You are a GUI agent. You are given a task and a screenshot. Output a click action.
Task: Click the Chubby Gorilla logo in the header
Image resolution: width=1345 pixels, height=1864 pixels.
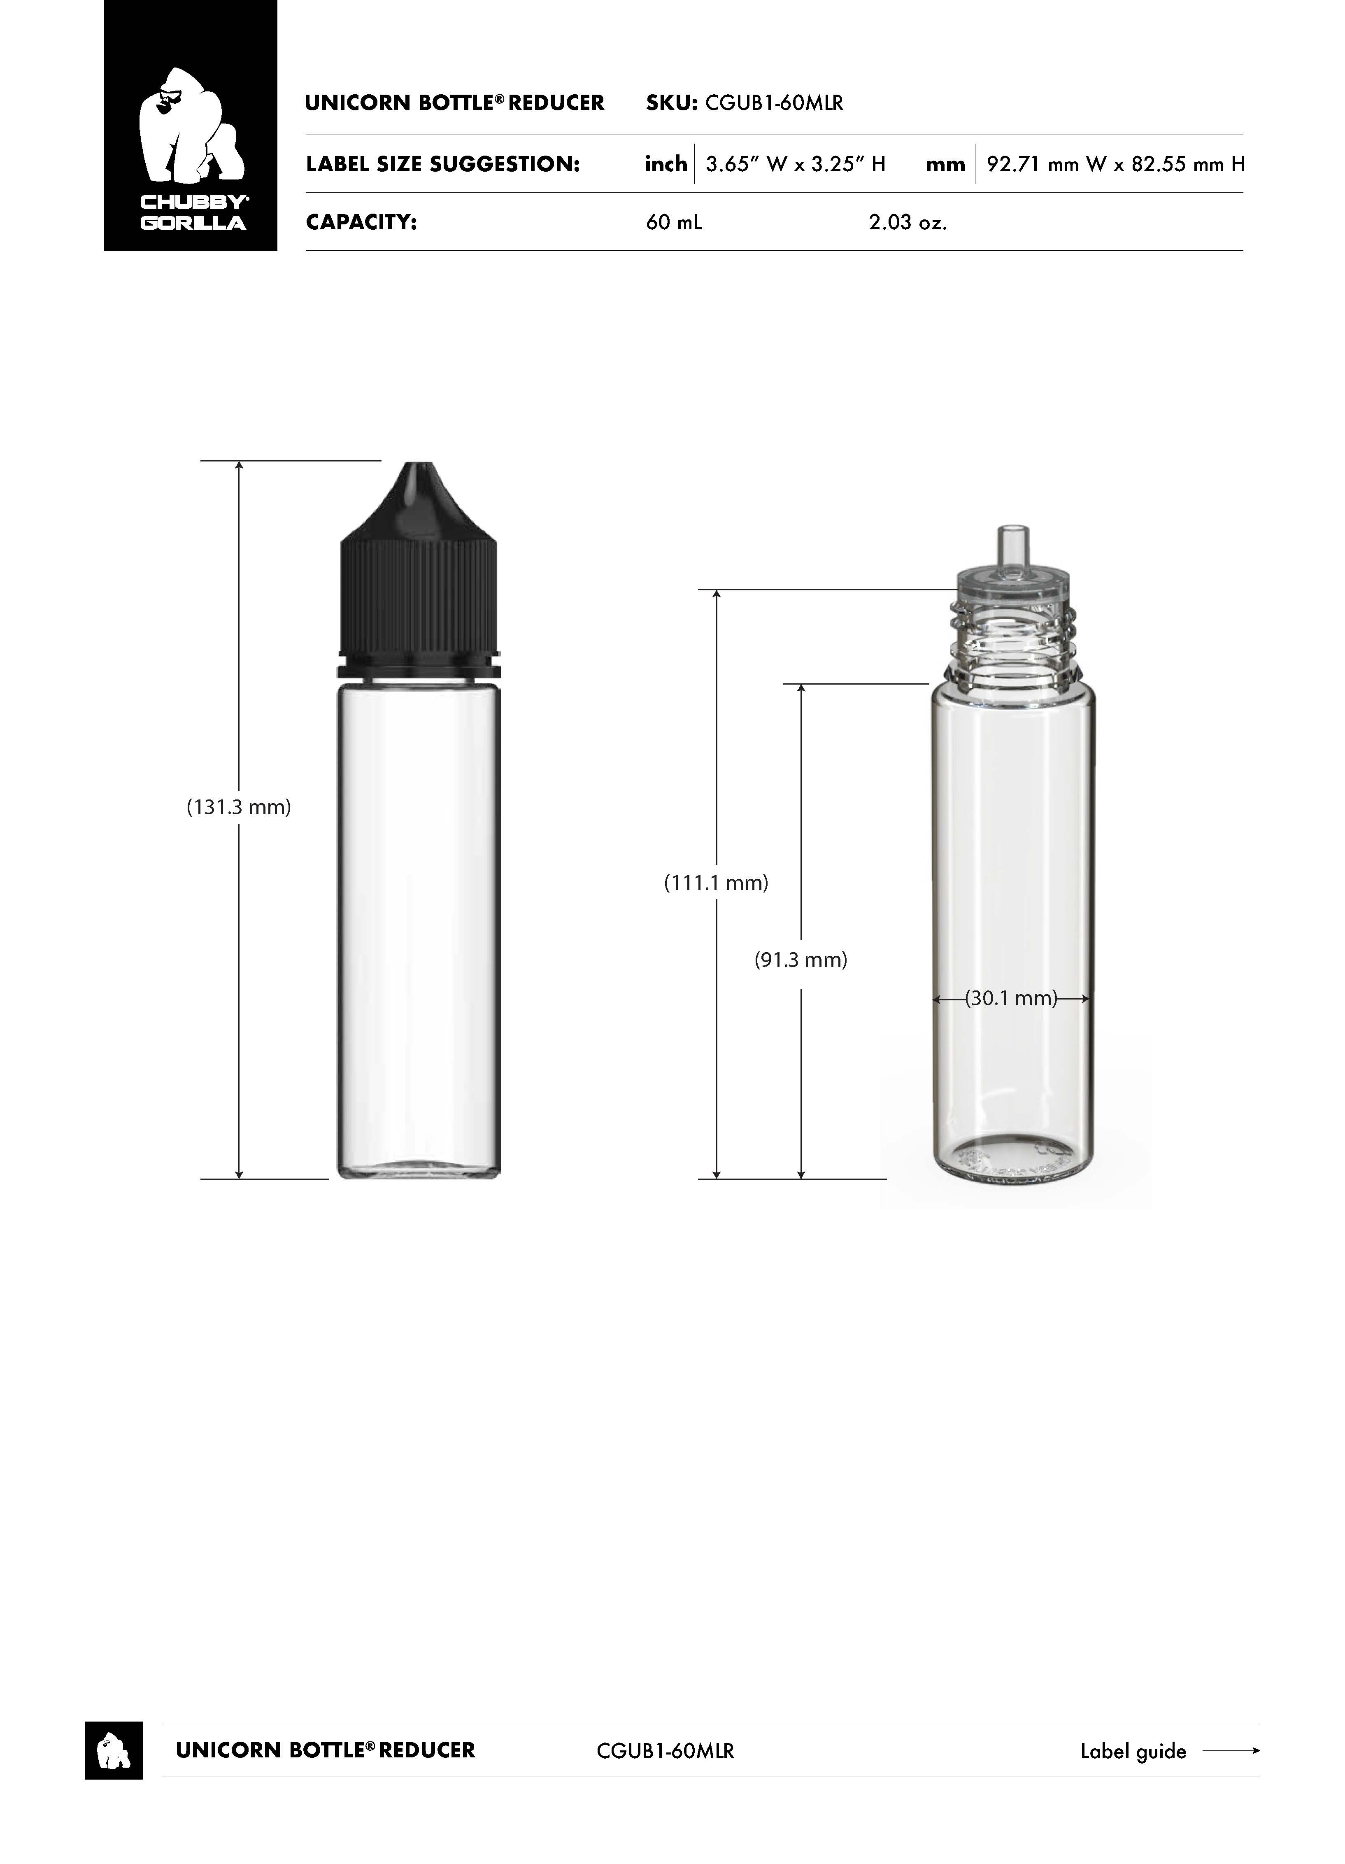[191, 125]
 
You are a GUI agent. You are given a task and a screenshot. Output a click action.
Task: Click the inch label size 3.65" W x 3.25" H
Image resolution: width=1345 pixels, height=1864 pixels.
[795, 164]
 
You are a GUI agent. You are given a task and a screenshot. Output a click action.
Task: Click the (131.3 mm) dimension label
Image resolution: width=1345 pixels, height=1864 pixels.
[239, 807]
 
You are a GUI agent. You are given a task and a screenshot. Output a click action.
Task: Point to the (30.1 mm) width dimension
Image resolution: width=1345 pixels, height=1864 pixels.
[1011, 999]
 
